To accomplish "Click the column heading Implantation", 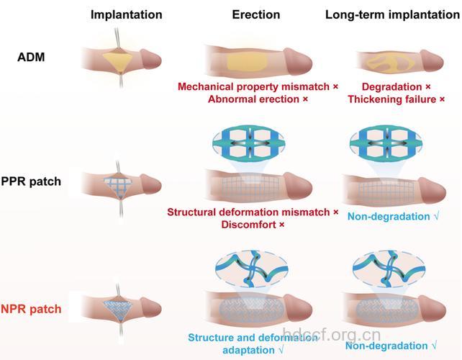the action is (127, 14).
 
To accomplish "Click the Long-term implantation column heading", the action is (392, 14).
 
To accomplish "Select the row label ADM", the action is (31, 57).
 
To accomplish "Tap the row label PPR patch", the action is (31, 181).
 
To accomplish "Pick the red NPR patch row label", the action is (31, 309).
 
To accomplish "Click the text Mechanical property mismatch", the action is (254, 86).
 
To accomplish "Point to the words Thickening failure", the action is (392, 99).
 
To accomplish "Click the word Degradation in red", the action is (392, 86).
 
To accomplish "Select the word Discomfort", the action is (249, 225).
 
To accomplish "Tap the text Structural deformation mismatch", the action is (248, 212).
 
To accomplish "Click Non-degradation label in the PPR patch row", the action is (389, 217).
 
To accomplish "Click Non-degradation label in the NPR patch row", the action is (386, 346).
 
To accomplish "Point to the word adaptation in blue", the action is (249, 350).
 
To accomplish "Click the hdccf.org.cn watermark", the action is (332, 335).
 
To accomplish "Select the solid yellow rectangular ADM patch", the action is (248, 63).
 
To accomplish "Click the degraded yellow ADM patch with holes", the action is (391, 64).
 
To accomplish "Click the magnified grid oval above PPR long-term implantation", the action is (386, 143).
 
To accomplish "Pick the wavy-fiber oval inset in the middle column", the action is (252, 269).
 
